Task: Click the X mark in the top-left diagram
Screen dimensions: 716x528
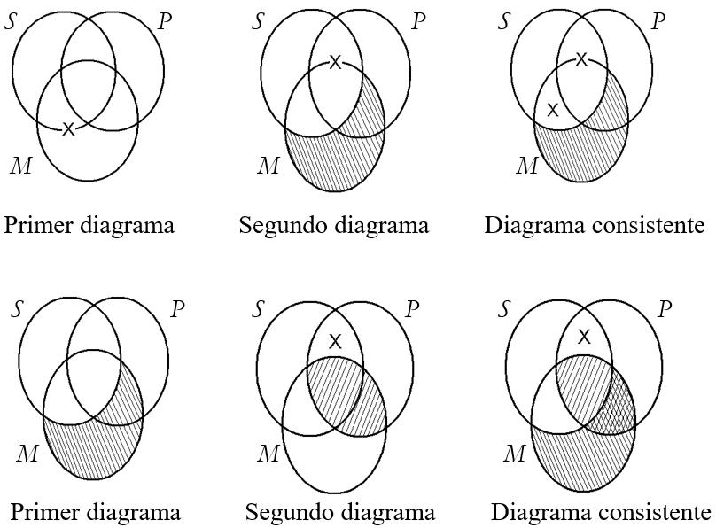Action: pos(68,129)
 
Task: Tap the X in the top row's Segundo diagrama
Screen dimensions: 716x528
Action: pos(335,62)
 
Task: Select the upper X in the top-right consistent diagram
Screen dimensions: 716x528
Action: pos(581,59)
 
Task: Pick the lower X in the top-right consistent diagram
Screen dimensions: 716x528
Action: pos(552,110)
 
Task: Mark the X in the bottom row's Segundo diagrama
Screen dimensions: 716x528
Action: pos(335,341)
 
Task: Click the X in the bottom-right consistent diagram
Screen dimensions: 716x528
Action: pos(584,337)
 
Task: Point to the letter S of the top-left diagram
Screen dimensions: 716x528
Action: pos(11,22)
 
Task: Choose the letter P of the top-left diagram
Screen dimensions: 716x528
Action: pos(165,22)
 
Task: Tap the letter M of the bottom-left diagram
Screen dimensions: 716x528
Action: pos(28,454)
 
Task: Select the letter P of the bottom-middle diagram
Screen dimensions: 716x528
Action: pos(412,309)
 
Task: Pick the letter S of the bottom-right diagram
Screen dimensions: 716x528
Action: pos(506,309)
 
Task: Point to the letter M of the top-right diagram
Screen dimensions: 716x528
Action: pos(526,165)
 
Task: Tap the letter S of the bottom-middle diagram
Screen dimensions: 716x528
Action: pos(258,309)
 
